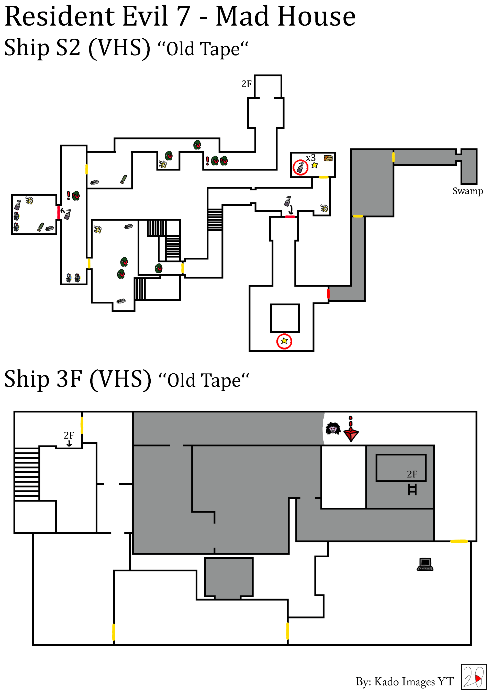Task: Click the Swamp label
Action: click(467, 192)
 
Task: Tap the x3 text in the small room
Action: click(311, 158)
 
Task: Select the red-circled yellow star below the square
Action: click(284, 341)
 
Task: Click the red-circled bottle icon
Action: click(300, 167)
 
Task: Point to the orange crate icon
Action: click(328, 158)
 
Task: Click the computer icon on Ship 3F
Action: click(425, 564)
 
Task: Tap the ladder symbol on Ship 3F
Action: click(412, 490)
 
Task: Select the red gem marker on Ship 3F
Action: click(351, 430)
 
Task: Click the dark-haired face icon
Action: click(333, 429)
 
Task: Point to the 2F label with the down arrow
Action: click(69, 439)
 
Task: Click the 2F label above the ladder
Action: click(412, 474)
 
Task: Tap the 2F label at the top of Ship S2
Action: click(246, 84)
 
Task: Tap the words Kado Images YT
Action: click(414, 681)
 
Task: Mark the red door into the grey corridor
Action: click(328, 294)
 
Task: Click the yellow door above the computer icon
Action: click(459, 541)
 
